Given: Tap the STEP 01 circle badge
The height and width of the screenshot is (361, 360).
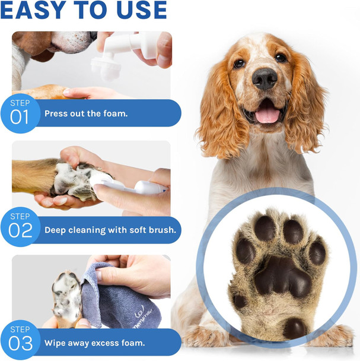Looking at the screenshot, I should click(x=20, y=111).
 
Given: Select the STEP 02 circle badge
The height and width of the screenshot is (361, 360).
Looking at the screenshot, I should click(x=20, y=227).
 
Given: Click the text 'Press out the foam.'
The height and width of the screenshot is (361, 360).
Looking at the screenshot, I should click(x=86, y=113).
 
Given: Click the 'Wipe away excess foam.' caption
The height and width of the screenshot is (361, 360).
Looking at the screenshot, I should click(x=94, y=343).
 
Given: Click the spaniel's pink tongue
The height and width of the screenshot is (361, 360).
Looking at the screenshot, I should click(x=267, y=114).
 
